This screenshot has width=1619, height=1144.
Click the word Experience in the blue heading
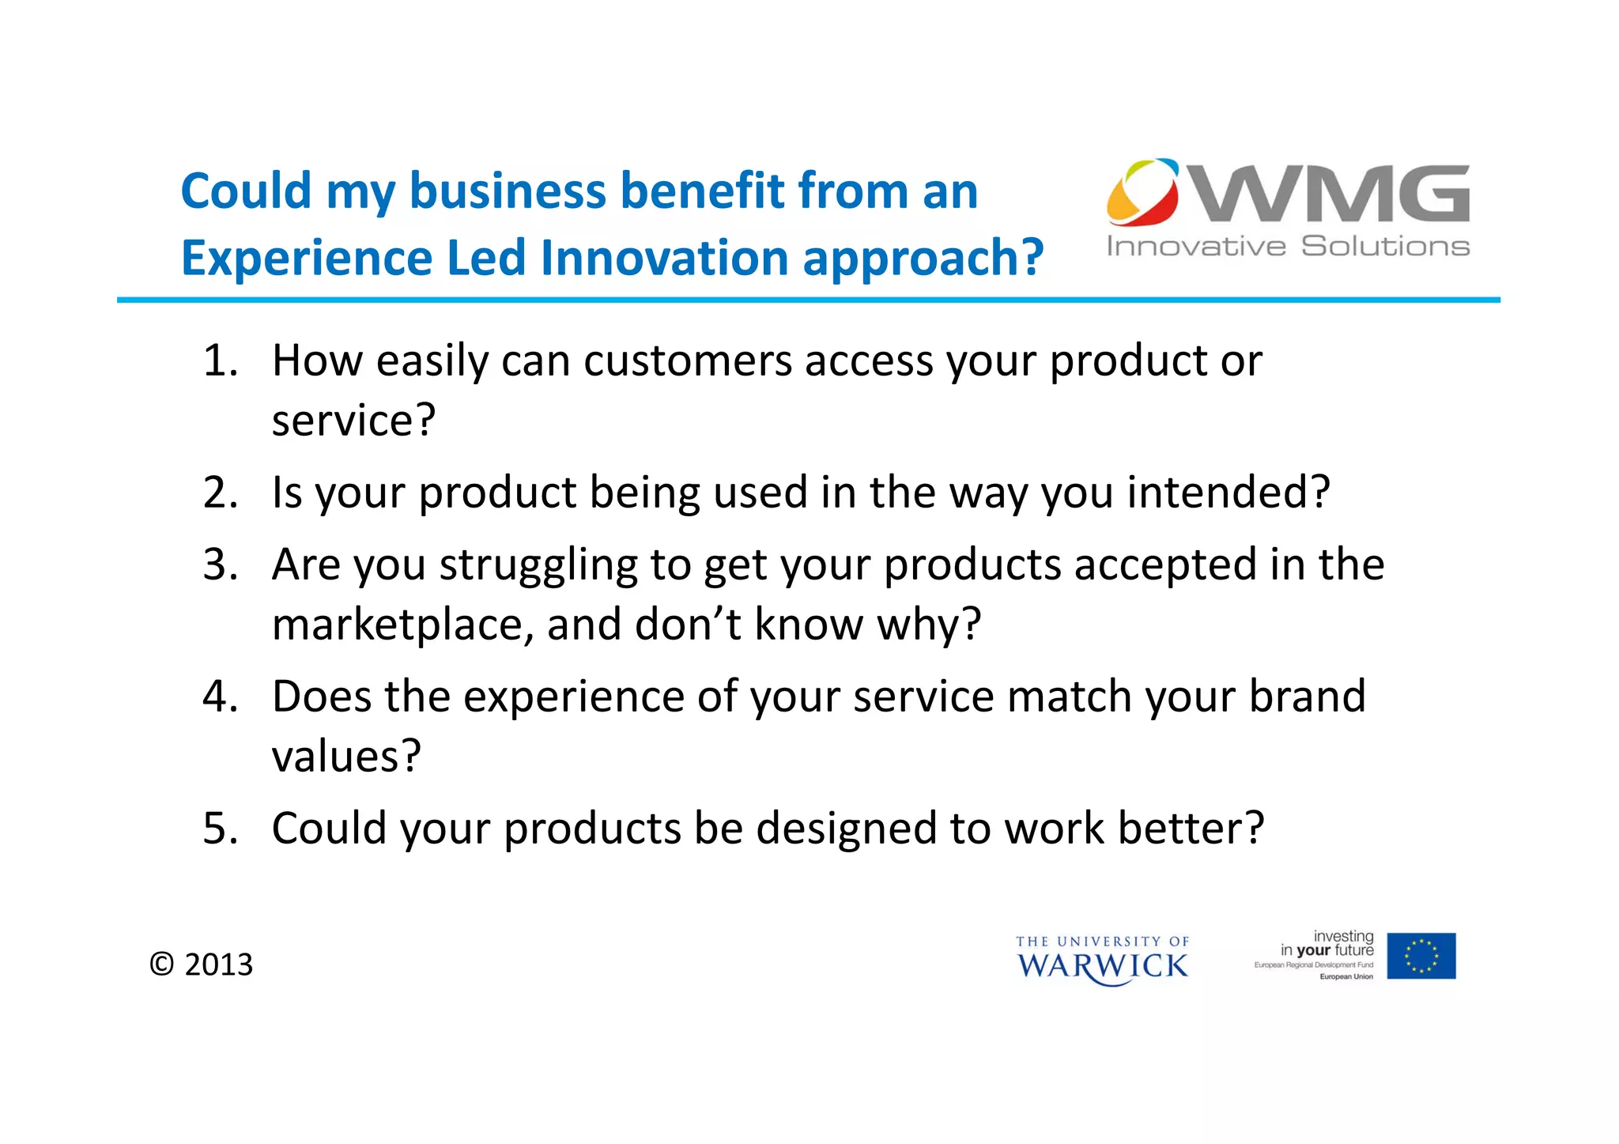[307, 259]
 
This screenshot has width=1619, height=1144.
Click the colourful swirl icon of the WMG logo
[1142, 192]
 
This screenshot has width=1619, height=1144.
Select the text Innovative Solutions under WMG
[1288, 247]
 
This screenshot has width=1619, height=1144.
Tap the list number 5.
[219, 829]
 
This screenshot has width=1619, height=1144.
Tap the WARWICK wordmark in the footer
[1102, 965]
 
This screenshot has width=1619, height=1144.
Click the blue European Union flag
[1421, 956]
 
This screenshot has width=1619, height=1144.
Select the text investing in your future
[1328, 943]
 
